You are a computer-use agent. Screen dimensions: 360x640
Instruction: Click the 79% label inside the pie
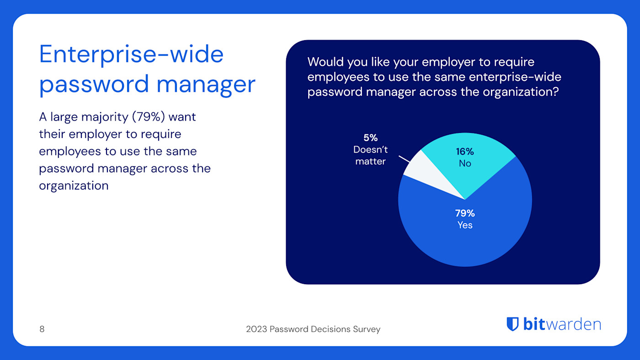tap(464, 213)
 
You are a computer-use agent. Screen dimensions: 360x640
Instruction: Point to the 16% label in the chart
tap(464, 152)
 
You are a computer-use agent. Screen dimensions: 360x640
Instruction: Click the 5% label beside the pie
tap(370, 138)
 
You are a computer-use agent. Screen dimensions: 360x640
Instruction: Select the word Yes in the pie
tap(465, 225)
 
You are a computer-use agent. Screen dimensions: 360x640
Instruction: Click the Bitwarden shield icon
tap(512, 324)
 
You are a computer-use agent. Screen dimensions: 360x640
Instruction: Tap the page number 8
tap(42, 329)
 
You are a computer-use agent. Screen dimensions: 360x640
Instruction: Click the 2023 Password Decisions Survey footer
tap(313, 329)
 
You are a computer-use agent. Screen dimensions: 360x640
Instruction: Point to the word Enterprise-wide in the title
tap(131, 54)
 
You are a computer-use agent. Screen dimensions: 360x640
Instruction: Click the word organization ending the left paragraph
tap(74, 185)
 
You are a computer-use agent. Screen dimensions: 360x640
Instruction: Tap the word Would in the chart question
tap(325, 62)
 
